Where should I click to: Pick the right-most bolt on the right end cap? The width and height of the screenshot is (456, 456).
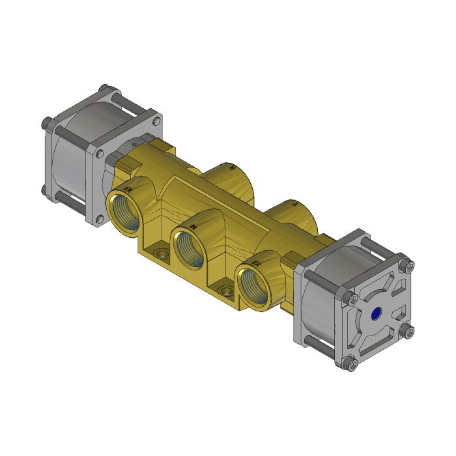[x=408, y=331]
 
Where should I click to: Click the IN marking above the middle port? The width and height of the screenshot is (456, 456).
[x=193, y=225]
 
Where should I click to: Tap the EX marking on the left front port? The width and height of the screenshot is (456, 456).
[x=128, y=189]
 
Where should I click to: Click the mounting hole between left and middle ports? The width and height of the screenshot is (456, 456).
[x=159, y=251]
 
